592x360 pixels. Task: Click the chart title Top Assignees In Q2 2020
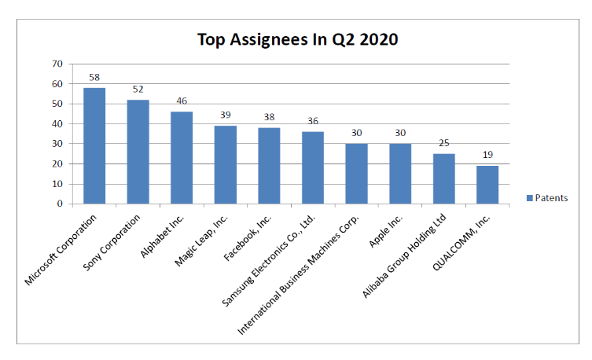[x=297, y=39]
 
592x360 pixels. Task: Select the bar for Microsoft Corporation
[x=94, y=145]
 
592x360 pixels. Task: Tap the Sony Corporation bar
[x=138, y=152]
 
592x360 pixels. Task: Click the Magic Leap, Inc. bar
[x=226, y=164]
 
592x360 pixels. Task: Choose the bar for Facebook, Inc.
[x=269, y=165]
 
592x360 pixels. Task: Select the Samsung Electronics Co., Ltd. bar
[x=313, y=167]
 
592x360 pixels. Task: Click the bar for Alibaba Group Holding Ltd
[x=443, y=178]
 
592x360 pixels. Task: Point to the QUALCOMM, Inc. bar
[x=487, y=185]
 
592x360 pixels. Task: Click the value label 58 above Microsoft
[x=94, y=78]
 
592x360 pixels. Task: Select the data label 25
[x=443, y=145]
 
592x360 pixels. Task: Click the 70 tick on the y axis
[x=57, y=64]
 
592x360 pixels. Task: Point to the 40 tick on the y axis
[x=57, y=123]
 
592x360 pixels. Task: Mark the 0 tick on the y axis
[x=61, y=204]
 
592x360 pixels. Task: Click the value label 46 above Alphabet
[x=182, y=102]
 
